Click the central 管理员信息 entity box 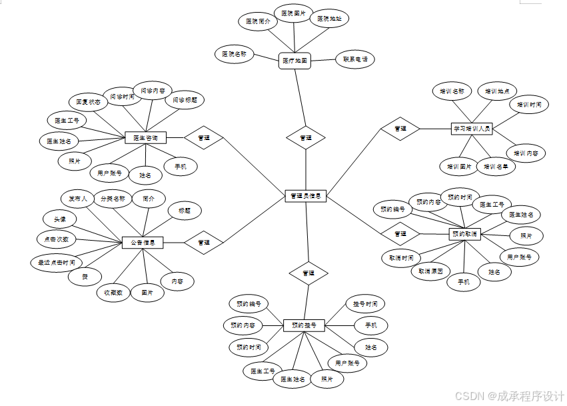click(305, 196)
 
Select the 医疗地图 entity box click(294, 61)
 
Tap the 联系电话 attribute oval click(354, 59)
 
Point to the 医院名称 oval click(234, 53)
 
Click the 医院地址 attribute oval click(329, 18)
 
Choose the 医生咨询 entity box click(145, 138)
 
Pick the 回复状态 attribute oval click(88, 103)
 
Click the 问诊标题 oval click(185, 101)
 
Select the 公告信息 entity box click(143, 243)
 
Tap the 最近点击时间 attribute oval click(56, 262)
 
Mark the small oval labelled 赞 click(85, 276)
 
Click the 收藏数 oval click(113, 292)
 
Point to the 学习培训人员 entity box click(472, 128)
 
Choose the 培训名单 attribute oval click(499, 166)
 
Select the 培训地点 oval click(497, 91)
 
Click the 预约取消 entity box click(465, 234)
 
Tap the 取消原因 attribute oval click(434, 271)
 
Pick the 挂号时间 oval click(364, 304)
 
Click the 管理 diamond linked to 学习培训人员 click(400, 128)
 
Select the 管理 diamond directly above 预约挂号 click(308, 273)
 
